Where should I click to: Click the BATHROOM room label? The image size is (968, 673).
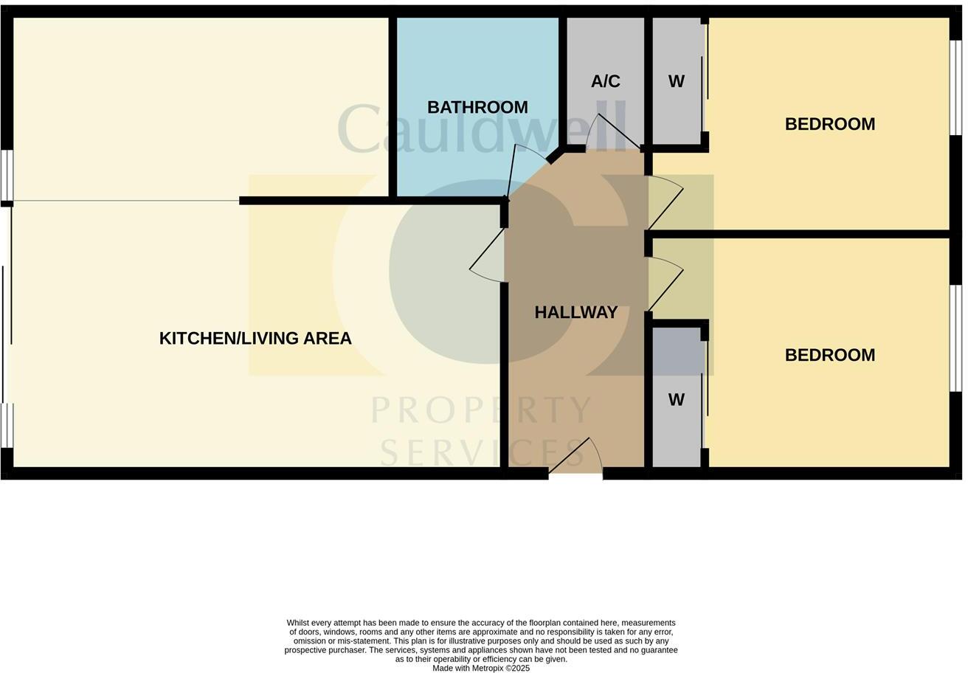pyautogui.click(x=477, y=108)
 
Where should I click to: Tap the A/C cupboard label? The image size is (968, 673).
pyautogui.click(x=605, y=81)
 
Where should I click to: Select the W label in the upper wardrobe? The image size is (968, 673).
pyautogui.click(x=676, y=82)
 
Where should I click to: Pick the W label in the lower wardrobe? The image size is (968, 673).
pyautogui.click(x=676, y=400)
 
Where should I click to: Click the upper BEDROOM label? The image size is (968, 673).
pyautogui.click(x=829, y=124)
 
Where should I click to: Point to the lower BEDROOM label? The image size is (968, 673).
pyautogui.click(x=829, y=355)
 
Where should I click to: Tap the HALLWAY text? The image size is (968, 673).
pyautogui.click(x=575, y=312)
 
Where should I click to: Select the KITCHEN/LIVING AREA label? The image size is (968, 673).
pyautogui.click(x=255, y=338)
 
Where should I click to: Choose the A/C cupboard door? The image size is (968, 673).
pyautogui.click(x=612, y=133)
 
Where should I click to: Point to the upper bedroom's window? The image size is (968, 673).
pyautogui.click(x=955, y=87)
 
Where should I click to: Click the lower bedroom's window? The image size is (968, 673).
pyautogui.click(x=955, y=328)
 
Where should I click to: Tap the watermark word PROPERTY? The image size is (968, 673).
pyautogui.click(x=481, y=410)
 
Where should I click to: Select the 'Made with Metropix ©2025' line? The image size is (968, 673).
pyautogui.click(x=481, y=668)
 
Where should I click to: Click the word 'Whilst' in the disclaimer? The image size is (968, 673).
pyautogui.click(x=299, y=623)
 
